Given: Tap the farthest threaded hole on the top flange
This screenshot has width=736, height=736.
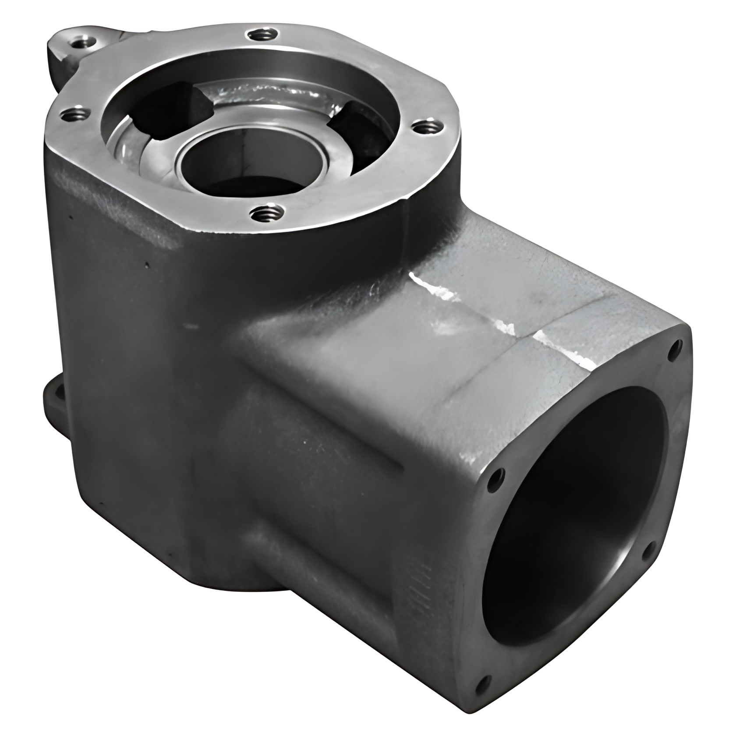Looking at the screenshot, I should (x=262, y=34).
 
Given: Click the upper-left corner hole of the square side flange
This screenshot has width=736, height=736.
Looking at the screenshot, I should (x=495, y=475).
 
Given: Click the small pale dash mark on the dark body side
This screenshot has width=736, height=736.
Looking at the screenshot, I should (x=191, y=326).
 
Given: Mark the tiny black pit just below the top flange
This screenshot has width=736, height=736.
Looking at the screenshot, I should (x=148, y=264).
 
